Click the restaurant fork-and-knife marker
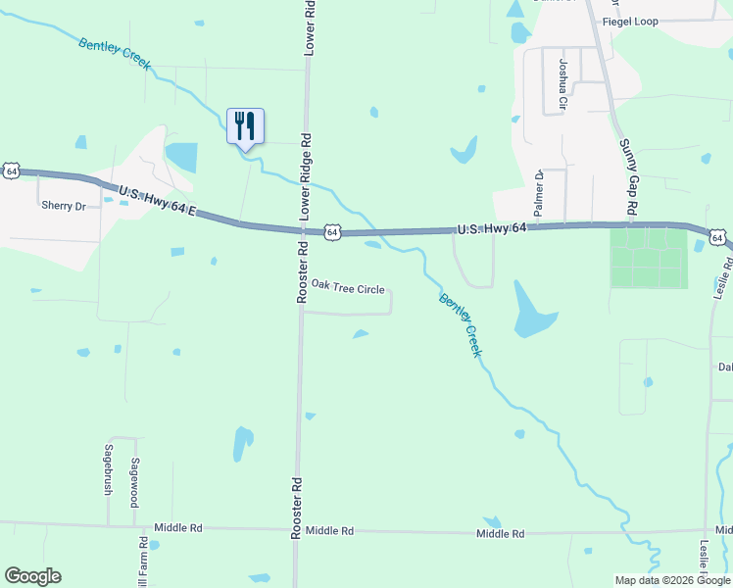245,126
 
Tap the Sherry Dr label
64,206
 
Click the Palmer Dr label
539,193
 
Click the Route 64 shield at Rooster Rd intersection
333,232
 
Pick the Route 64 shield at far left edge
11,171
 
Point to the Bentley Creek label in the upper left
115,53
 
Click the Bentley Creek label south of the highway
461,325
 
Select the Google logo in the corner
32,576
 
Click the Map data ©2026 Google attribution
671,580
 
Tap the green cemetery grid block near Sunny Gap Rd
648,259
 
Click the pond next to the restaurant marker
181,157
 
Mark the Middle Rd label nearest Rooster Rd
328,530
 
